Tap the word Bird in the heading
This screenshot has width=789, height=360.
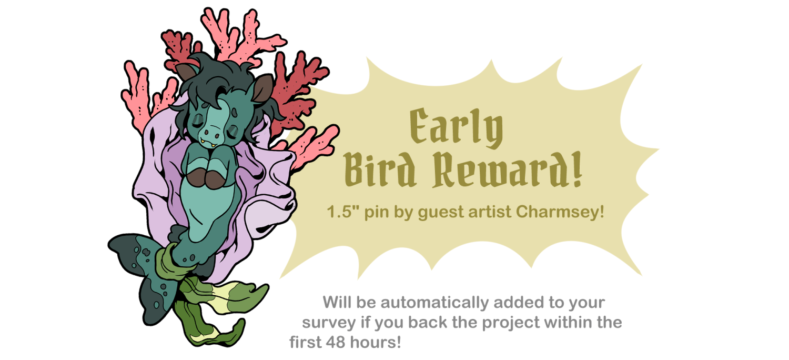[x=380, y=170]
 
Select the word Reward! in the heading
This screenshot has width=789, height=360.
[x=508, y=170]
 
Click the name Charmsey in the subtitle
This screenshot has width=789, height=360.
[x=560, y=212]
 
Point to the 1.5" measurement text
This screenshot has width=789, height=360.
[x=343, y=212]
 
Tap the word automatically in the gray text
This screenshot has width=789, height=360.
[x=434, y=303]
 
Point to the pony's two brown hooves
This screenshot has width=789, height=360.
[x=206, y=178]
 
